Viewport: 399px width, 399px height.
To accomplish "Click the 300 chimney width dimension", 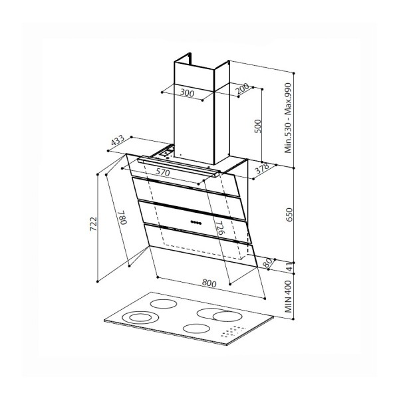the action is [x=187, y=93].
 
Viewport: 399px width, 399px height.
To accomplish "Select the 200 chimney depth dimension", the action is [x=242, y=88].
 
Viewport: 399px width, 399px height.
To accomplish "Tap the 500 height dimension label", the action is [x=258, y=126].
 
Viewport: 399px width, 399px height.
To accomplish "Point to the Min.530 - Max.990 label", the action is [x=288, y=118].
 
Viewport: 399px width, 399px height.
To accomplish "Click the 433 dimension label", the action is [x=117, y=140].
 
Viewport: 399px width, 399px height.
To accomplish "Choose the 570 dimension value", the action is [x=163, y=172].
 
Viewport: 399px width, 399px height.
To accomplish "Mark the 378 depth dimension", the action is [x=262, y=168].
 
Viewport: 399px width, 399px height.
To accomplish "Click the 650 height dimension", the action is [x=289, y=215].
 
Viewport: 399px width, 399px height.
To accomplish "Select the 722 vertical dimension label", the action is [x=93, y=224].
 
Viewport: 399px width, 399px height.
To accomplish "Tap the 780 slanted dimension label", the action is [x=122, y=217].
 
